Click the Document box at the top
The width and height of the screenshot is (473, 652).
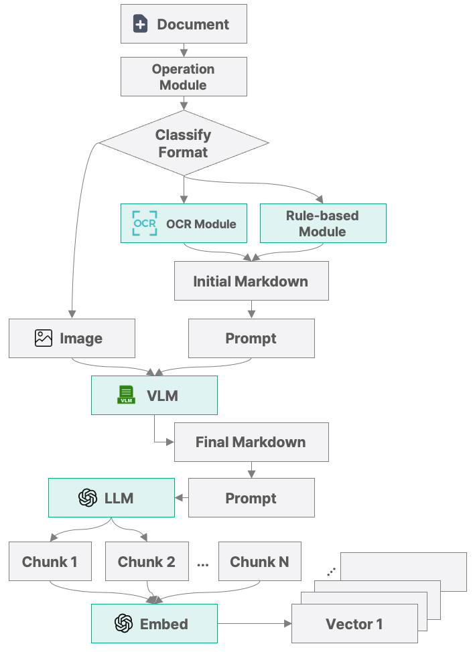pos(184,25)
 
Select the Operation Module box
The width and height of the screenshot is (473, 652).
pos(184,77)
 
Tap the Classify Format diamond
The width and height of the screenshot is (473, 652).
pos(184,143)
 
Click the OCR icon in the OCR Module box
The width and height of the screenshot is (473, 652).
pos(145,224)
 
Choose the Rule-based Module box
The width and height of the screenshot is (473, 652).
pos(322,224)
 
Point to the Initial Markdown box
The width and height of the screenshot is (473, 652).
pos(251,281)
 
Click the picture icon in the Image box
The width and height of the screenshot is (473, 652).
pos(44,338)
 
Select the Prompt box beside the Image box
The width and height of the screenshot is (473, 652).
pos(251,338)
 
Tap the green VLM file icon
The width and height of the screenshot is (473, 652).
pos(126,395)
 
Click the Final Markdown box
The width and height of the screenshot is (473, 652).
pos(251,442)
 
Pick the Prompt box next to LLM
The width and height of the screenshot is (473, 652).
pos(251,498)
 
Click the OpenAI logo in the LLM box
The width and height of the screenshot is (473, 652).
pos(88,497)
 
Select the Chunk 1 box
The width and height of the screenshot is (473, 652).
pos(50,562)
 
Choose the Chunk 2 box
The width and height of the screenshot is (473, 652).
pos(147,562)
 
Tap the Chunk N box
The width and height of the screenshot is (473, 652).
pos(259,562)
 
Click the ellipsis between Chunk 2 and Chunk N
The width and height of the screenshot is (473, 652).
pos(203,564)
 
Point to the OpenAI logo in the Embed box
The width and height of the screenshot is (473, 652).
pos(123,624)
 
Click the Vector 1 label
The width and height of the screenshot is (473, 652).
pos(354,624)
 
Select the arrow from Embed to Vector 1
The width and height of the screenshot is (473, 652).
pos(255,624)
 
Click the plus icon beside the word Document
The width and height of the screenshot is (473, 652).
pos(141,25)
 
